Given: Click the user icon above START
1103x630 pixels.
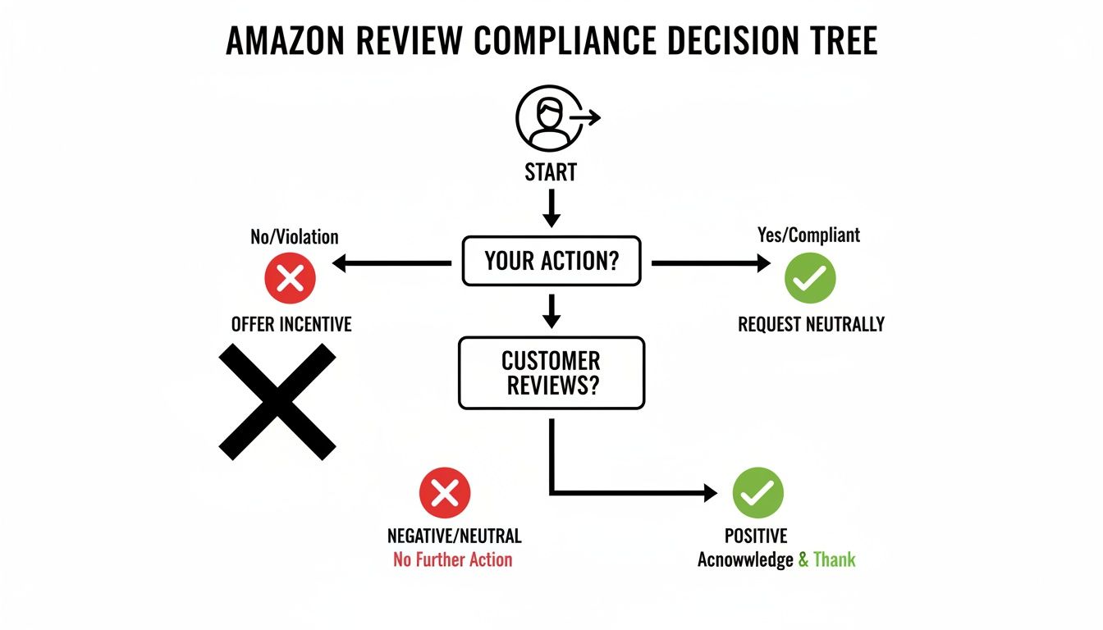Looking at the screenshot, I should pyautogui.click(x=551, y=119).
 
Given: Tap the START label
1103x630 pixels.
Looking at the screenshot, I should pyautogui.click(x=551, y=173).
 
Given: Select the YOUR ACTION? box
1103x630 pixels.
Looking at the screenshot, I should pyautogui.click(x=551, y=262).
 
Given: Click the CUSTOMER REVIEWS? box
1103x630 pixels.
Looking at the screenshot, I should pyautogui.click(x=551, y=372).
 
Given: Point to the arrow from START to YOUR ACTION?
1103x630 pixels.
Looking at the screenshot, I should pyautogui.click(x=551, y=208).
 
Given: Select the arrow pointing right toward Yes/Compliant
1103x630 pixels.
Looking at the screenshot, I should pyautogui.click(x=711, y=263).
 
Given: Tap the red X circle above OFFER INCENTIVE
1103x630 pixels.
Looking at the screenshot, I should pyautogui.click(x=290, y=279).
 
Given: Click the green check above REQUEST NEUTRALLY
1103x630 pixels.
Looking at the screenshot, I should pyautogui.click(x=810, y=279).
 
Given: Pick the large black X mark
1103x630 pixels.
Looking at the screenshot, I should pyautogui.click(x=277, y=401).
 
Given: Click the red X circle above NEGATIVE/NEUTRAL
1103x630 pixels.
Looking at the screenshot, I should pyautogui.click(x=445, y=493).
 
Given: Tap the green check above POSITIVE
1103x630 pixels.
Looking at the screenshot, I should pyautogui.click(x=757, y=493).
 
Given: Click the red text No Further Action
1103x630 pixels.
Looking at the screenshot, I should pyautogui.click(x=452, y=560).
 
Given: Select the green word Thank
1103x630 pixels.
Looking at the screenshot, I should pyautogui.click(x=834, y=560).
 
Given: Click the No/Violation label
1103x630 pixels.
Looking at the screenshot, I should pyautogui.click(x=294, y=237).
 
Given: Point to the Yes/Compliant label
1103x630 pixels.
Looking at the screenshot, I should pyautogui.click(x=809, y=235).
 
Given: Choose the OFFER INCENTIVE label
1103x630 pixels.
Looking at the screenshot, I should pyautogui.click(x=291, y=324).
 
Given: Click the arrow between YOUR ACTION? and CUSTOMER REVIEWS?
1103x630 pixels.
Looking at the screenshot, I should pyautogui.click(x=551, y=311).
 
